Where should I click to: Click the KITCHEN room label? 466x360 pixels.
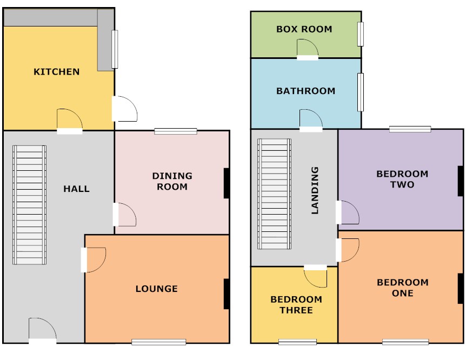click(56, 72)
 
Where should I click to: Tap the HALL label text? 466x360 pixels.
click(76, 189)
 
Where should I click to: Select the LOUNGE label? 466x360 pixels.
click(157, 289)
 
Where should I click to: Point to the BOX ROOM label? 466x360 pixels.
click(304, 29)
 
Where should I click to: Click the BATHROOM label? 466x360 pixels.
click(306, 91)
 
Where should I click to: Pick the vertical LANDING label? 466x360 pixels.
click(315, 190)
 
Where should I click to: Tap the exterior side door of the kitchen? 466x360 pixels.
click(124, 109)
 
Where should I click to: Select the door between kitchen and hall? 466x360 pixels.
click(70, 121)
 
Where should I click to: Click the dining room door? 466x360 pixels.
click(124, 215)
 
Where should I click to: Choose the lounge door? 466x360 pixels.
click(94, 260)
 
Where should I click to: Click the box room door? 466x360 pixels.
click(308, 49)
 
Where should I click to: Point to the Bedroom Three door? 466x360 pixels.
click(315, 276)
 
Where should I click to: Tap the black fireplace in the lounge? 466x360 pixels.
click(227, 294)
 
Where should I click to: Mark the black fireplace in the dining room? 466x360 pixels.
click(227, 183)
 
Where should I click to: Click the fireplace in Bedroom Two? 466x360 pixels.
click(461, 181)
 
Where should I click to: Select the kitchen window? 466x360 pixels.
click(115, 49)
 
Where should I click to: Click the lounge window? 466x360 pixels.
click(159, 342)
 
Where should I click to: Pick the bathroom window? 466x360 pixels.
click(361, 92)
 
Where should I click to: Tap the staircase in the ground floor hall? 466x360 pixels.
click(29, 205)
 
